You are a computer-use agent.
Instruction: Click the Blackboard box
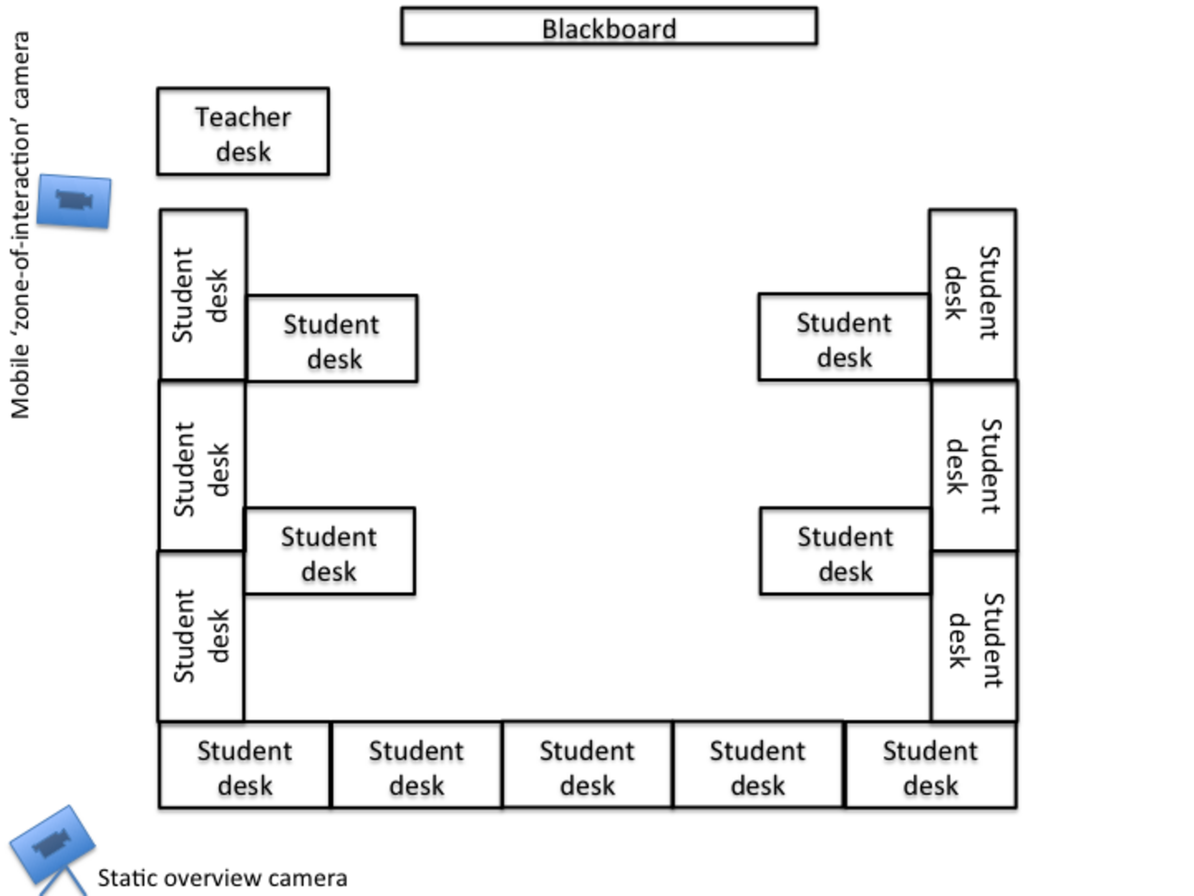click(x=609, y=26)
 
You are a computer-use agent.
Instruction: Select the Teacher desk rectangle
click(x=243, y=131)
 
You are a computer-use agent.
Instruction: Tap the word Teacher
click(x=243, y=117)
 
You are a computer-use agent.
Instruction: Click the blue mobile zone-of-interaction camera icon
click(x=74, y=201)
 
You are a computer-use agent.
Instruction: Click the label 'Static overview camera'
click(x=223, y=878)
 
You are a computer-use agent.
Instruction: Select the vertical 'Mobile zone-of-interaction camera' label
click(x=21, y=225)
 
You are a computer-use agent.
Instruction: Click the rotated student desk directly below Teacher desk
click(x=203, y=294)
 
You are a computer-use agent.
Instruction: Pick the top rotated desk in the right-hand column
click(x=973, y=294)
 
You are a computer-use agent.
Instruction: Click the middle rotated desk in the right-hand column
click(x=974, y=466)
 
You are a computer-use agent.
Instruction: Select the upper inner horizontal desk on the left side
click(x=332, y=339)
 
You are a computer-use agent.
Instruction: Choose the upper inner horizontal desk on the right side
click(x=844, y=337)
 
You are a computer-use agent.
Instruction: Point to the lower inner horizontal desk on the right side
click(x=845, y=552)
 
